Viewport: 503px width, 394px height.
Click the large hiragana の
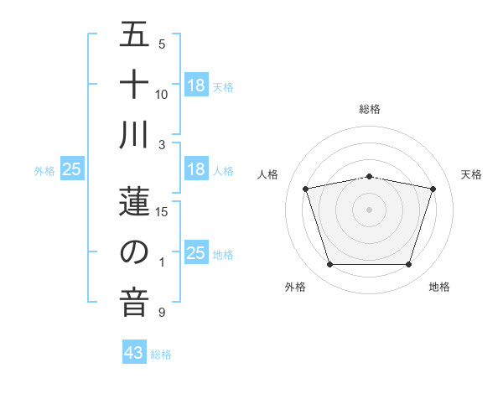click(134, 252)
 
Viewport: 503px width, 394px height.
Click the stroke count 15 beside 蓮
click(162, 211)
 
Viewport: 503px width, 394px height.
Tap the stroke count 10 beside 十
click(162, 94)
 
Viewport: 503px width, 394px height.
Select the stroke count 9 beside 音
click(162, 313)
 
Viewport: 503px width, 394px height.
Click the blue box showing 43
click(134, 353)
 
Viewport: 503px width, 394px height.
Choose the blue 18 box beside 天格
click(195, 85)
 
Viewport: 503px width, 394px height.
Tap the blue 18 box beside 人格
click(195, 169)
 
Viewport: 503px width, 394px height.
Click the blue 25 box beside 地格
click(195, 253)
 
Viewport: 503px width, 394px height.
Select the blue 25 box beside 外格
click(72, 169)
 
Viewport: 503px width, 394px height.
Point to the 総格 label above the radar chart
click(369, 109)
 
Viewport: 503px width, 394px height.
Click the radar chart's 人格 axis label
click(268, 174)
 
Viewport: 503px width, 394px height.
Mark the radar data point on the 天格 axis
click(433, 189)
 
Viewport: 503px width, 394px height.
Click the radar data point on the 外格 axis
click(329, 264)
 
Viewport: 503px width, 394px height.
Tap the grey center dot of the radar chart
click(369, 210)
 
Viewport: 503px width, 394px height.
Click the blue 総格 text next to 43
click(161, 355)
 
